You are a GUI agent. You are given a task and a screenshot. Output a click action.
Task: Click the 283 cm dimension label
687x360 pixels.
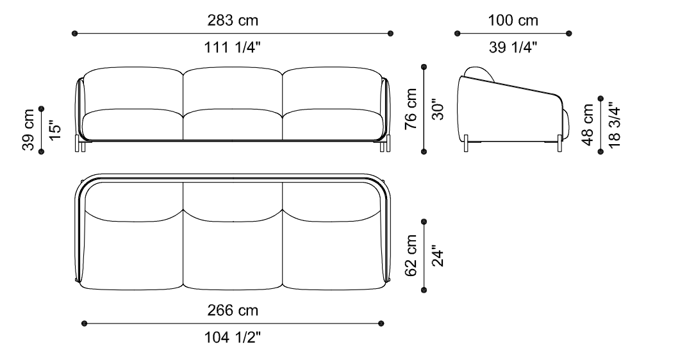point(233,20)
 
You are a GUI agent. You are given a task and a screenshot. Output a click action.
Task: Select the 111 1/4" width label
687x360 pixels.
point(232,47)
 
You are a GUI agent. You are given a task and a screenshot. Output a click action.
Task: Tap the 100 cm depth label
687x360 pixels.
point(513,20)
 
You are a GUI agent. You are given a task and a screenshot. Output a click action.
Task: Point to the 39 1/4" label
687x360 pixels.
point(513,47)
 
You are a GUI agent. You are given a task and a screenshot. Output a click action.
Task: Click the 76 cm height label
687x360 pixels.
point(411,109)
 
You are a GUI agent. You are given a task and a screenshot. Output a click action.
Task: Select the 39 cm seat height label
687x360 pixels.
point(28,129)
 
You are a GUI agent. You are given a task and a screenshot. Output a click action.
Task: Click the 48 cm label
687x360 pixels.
point(588,125)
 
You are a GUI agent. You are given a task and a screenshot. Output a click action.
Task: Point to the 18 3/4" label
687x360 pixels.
point(615,125)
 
